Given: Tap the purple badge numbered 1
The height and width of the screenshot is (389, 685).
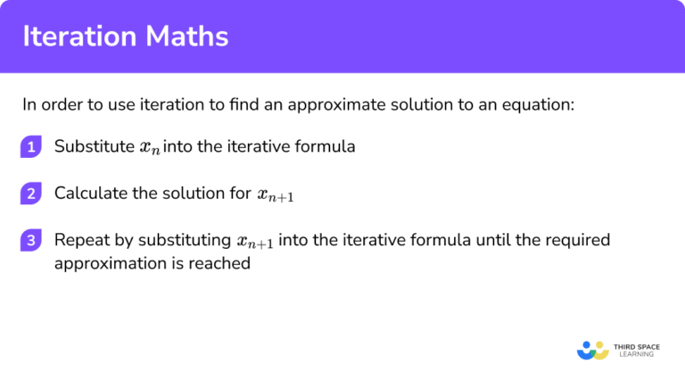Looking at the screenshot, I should tap(31, 147).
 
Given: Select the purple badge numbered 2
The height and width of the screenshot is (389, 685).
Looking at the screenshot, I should tap(31, 194).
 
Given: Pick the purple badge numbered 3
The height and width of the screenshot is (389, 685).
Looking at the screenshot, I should tap(31, 241).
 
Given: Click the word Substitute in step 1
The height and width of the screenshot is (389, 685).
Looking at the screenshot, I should tap(91, 146).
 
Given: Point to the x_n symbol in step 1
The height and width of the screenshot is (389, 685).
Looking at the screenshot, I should tap(148, 148).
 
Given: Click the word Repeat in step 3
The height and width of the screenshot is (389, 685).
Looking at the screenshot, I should tap(78, 240).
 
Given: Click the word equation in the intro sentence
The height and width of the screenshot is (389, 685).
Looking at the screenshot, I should tap(539, 104).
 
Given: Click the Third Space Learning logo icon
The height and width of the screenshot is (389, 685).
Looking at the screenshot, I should tap(593, 350).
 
